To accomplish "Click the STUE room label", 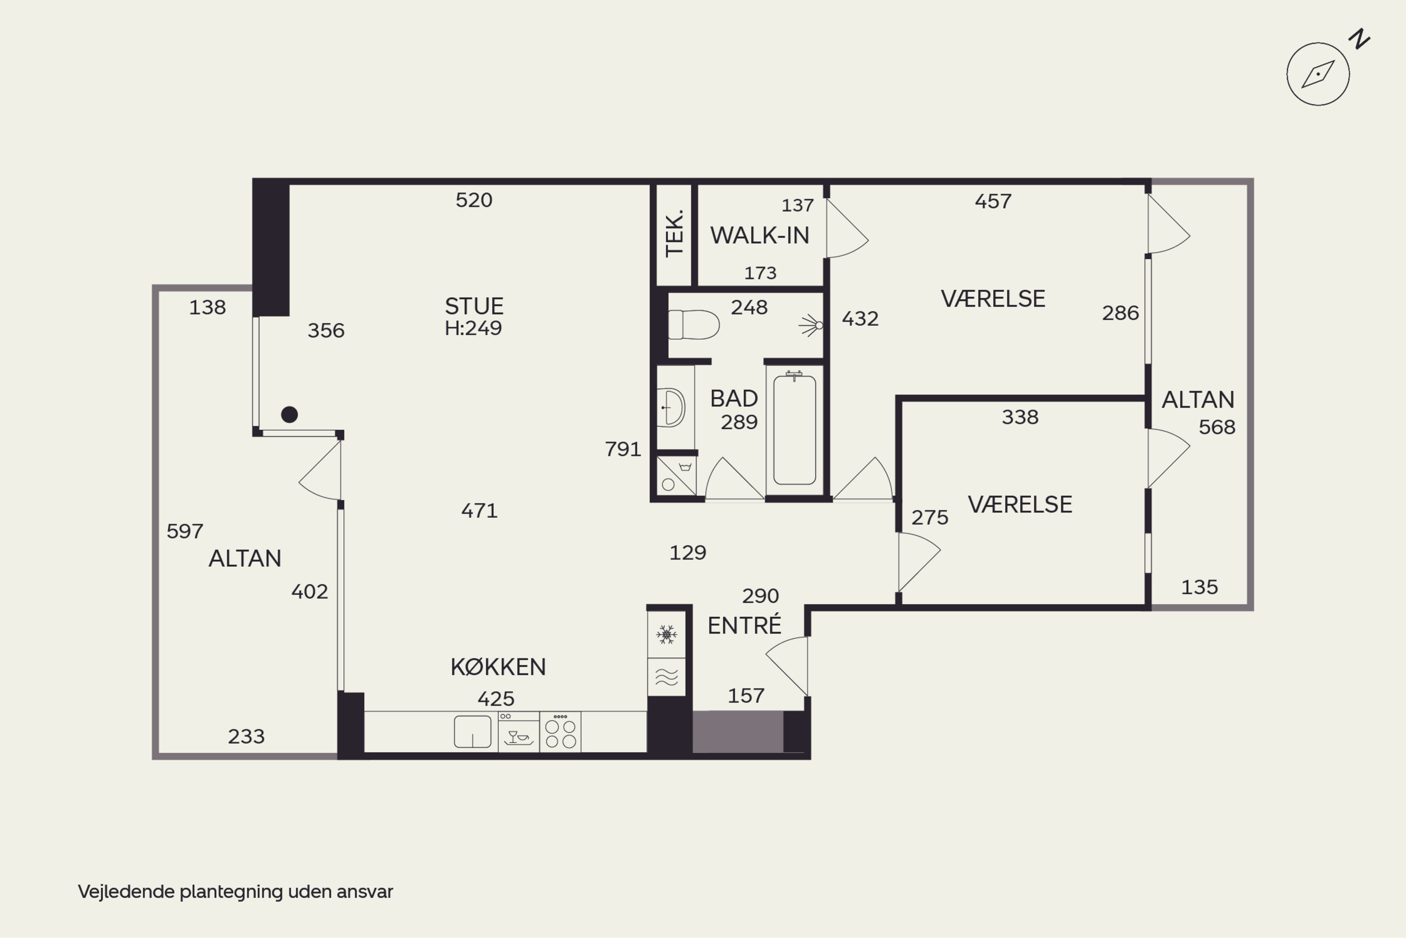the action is click(x=474, y=306).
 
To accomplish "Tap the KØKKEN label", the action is click(x=498, y=667).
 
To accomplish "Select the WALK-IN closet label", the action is click(x=760, y=236).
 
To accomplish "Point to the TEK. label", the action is click(x=674, y=233).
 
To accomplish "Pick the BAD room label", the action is click(x=734, y=398).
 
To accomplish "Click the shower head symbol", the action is click(x=811, y=325).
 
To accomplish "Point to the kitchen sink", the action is click(x=472, y=732).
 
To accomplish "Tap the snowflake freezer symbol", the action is click(x=666, y=634).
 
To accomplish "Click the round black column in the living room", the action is click(x=289, y=415).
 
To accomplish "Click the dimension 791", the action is click(x=623, y=449).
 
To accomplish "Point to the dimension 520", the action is click(x=474, y=200).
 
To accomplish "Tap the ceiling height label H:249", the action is click(x=473, y=328).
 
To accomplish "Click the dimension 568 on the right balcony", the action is click(x=1217, y=427).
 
